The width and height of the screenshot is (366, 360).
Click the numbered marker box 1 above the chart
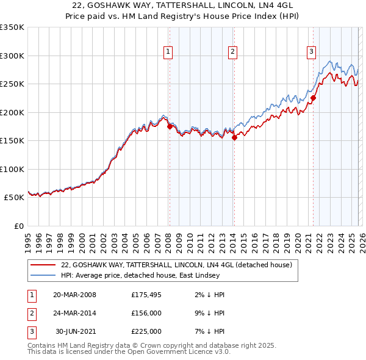click(168, 52)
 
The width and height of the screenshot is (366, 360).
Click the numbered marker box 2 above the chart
click(233, 52)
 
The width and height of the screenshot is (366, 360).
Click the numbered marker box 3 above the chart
click(311, 52)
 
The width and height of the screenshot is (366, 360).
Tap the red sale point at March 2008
click(170, 126)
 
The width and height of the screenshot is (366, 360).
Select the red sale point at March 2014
click(234, 138)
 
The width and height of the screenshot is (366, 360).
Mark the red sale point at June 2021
click(313, 98)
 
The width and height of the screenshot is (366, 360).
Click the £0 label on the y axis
click(18, 226)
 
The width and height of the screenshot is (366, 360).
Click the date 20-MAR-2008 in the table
click(74, 295)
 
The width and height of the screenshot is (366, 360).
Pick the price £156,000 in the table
click(146, 313)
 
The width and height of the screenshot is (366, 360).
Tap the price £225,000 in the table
click(146, 331)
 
